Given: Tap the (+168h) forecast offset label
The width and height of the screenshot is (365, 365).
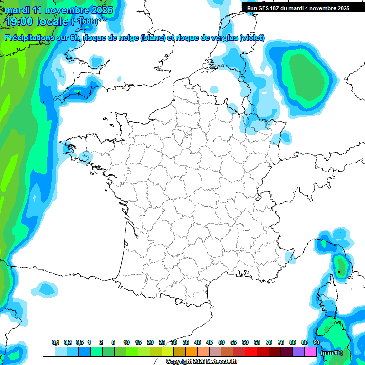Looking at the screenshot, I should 85,21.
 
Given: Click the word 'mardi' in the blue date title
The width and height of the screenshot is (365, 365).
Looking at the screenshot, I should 17,10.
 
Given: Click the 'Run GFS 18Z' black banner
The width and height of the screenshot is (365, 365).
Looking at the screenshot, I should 298,8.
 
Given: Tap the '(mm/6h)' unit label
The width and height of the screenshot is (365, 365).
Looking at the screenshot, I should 331,353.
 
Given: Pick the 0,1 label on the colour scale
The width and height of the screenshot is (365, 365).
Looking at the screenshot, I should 56,343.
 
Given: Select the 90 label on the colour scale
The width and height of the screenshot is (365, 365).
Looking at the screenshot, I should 317,343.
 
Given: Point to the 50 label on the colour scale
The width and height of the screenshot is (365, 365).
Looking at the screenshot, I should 221,343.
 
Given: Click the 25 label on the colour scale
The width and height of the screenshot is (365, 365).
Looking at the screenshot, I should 162,343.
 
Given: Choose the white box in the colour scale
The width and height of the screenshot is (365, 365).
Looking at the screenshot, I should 48,352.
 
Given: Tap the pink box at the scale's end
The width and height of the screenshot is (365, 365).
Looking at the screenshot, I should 310,352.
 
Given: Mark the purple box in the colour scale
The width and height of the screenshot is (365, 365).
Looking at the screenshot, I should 298,352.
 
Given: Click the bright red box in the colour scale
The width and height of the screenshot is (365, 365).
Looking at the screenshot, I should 251,352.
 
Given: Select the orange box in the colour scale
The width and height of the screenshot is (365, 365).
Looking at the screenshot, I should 192,352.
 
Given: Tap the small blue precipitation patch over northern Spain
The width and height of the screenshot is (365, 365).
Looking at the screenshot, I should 46,288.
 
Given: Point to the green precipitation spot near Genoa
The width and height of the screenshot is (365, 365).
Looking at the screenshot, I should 340,265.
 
